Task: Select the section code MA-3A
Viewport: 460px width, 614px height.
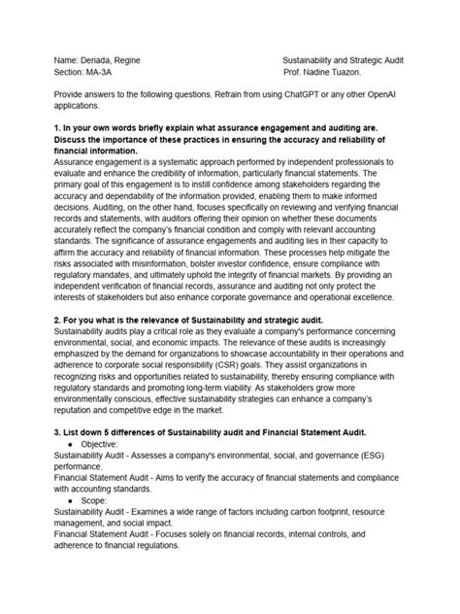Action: click(103, 74)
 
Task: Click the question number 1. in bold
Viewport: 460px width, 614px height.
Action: click(57, 128)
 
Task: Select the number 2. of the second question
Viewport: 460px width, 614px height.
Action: click(57, 318)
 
